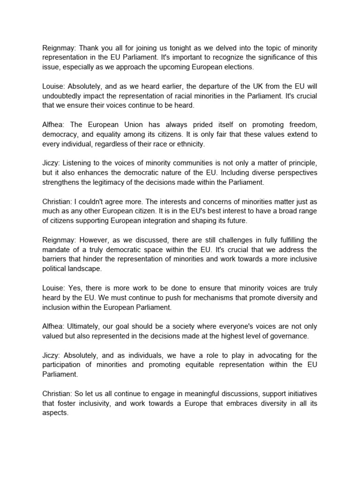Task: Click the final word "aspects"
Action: (x=55, y=413)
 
